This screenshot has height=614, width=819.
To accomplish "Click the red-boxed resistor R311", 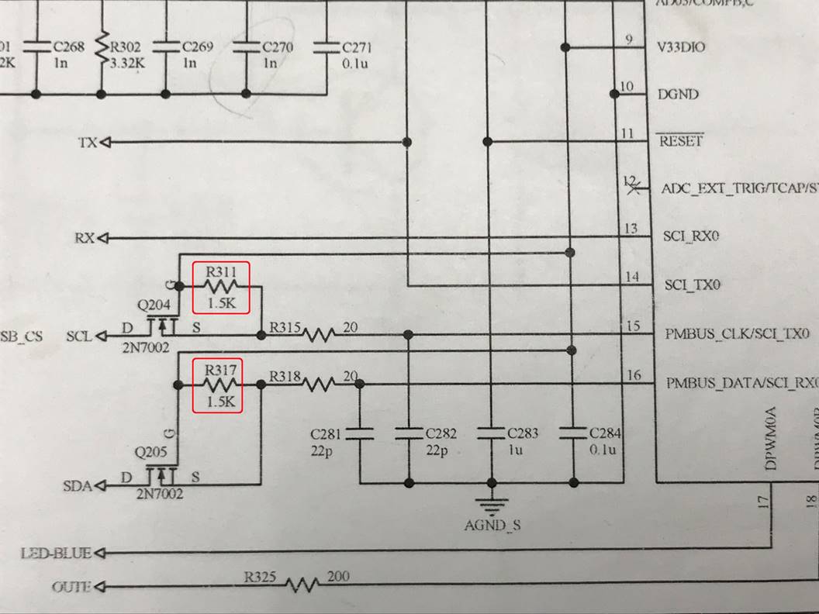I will click(x=221, y=287).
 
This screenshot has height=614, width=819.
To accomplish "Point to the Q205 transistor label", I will click(x=149, y=450).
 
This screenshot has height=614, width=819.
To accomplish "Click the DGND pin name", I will click(x=678, y=95).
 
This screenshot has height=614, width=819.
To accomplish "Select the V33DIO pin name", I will click(x=682, y=47).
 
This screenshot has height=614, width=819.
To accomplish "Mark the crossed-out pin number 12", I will click(x=631, y=185).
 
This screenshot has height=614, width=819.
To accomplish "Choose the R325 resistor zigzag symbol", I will click(x=302, y=583).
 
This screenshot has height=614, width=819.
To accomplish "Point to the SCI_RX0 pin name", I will click(x=692, y=235).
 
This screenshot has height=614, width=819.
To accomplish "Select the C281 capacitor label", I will click(x=326, y=433).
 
